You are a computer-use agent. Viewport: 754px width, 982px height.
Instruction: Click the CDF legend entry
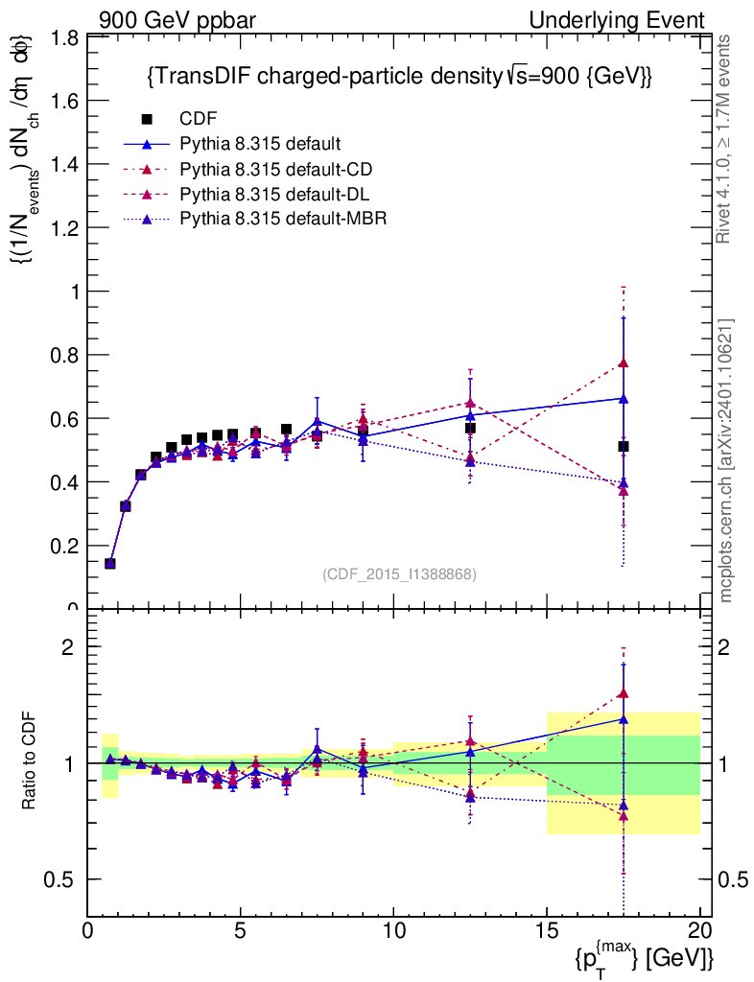tap(199, 119)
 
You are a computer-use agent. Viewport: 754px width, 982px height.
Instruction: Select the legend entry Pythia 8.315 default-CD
tap(276, 169)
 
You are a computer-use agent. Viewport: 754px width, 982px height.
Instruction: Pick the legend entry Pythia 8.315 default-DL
tap(275, 194)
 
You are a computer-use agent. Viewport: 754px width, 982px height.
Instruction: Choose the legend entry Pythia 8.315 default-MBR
tap(282, 219)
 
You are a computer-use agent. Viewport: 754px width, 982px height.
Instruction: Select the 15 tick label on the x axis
tap(547, 931)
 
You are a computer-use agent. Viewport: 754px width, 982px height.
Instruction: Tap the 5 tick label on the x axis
tap(241, 931)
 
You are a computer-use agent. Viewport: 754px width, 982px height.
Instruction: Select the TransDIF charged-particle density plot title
tap(399, 78)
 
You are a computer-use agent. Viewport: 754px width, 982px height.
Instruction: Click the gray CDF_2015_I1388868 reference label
tap(399, 573)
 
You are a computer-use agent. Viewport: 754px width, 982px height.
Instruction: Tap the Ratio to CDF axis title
tap(29, 762)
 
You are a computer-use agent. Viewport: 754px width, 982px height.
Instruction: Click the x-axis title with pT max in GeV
tap(644, 955)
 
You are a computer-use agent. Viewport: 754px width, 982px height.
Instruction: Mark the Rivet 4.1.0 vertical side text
tap(725, 138)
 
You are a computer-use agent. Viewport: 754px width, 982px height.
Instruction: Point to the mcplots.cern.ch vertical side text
tap(725, 460)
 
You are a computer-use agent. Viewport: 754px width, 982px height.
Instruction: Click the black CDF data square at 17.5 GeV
tap(624, 446)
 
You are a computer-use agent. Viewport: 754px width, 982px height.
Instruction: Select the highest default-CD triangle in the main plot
tap(624, 362)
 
